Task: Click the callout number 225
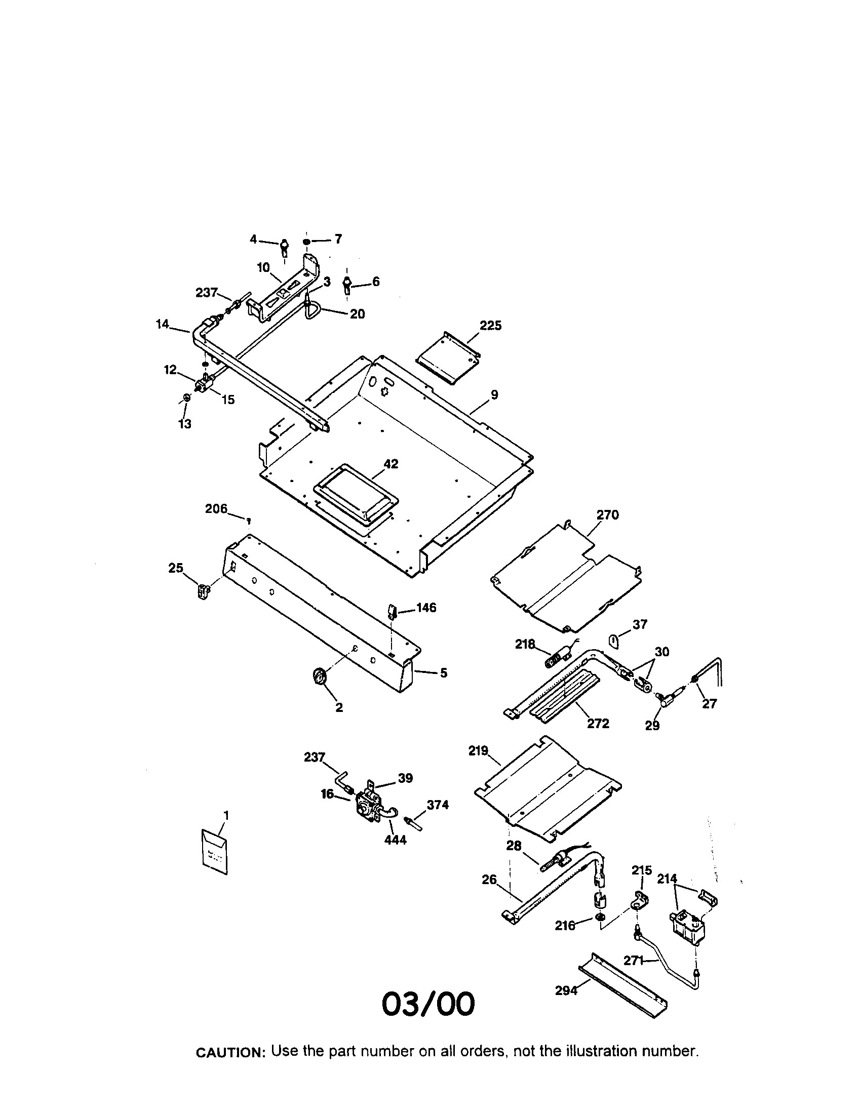[490, 326]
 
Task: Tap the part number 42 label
[391, 464]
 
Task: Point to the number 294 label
[566, 990]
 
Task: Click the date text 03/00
[428, 1004]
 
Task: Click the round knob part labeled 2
[319, 678]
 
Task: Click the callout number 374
[438, 805]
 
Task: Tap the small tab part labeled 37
[615, 640]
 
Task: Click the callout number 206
[216, 508]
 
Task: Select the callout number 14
[162, 324]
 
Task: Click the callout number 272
[598, 723]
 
